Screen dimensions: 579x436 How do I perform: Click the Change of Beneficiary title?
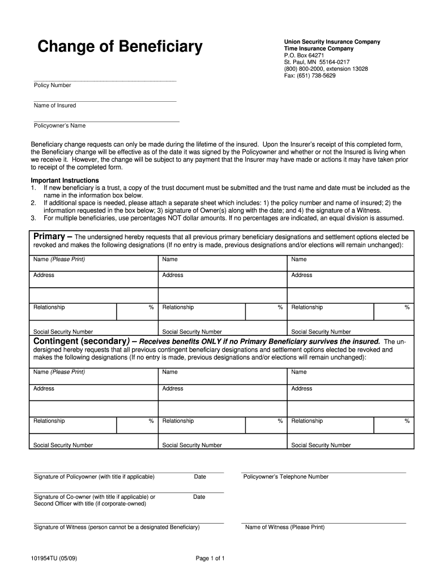click(119, 47)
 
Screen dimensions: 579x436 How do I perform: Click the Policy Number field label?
click(53, 85)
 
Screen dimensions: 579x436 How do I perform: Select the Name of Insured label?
click(55, 106)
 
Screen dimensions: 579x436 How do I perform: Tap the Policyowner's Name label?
click(60, 126)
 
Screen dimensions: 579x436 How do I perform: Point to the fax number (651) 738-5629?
click(310, 76)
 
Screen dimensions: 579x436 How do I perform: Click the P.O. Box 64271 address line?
click(304, 55)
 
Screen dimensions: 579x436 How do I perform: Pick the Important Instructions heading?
click(65, 180)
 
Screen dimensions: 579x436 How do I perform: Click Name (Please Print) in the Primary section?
click(59, 260)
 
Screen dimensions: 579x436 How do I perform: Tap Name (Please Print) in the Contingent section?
click(59, 372)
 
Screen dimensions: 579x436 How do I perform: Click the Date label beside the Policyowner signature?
click(200, 477)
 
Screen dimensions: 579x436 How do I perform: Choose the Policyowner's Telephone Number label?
click(286, 477)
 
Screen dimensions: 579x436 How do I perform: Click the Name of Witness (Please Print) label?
click(285, 527)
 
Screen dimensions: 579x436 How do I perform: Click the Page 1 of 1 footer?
click(211, 559)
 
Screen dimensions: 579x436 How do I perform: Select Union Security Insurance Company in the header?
click(332, 42)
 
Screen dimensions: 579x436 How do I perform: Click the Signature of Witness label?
click(117, 527)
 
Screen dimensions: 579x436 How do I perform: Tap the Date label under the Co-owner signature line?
click(199, 497)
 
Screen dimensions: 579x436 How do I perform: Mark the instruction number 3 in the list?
click(33, 218)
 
